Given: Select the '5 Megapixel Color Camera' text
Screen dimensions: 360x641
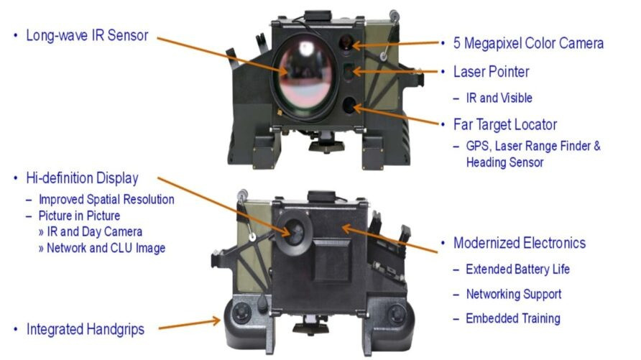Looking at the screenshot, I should (528, 43).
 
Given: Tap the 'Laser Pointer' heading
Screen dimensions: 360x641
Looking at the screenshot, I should (491, 72).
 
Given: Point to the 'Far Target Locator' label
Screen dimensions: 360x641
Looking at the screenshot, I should (505, 124).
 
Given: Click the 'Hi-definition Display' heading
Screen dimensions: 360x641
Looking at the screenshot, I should (82, 177).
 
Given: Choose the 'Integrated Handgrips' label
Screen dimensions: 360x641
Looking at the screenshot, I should (86, 329).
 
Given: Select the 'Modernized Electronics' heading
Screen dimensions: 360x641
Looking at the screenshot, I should (519, 243).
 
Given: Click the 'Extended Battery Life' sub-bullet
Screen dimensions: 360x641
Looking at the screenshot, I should (517, 269).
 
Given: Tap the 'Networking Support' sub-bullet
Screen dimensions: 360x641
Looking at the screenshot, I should (513, 294).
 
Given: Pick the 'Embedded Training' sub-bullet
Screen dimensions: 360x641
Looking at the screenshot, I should (512, 318).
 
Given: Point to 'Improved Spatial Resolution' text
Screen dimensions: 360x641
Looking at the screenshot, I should (106, 199).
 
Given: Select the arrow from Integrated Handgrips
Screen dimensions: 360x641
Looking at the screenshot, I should (189, 326).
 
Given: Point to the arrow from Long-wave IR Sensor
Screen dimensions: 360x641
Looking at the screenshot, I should (223, 54).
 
